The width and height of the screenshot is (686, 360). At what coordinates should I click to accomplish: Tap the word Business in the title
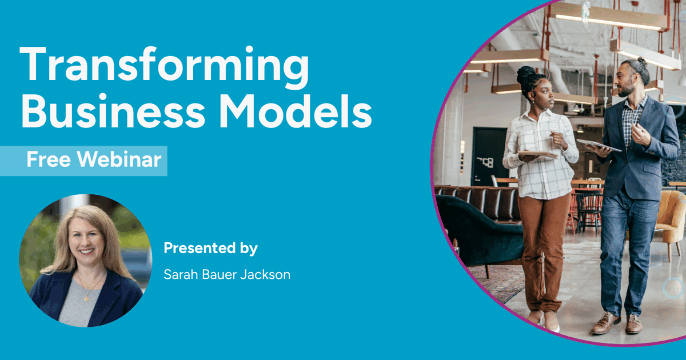113,111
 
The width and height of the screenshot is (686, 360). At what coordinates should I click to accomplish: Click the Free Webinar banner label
94,159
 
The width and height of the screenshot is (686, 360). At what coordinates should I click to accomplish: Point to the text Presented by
211,248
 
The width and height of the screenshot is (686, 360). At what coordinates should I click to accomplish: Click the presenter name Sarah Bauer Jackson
227,275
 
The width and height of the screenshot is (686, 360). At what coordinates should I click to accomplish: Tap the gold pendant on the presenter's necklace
87,298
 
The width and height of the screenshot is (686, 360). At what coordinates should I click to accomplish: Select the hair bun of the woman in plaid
526,75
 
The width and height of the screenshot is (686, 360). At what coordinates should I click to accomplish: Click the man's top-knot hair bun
641,62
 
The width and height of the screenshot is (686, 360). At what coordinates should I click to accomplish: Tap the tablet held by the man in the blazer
599,145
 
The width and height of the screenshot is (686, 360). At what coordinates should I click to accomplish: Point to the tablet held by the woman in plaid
537,154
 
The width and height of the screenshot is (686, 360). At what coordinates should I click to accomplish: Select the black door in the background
489,156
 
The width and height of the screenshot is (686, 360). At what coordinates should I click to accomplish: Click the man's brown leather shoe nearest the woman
605,323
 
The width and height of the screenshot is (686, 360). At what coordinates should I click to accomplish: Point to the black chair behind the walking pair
588,211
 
